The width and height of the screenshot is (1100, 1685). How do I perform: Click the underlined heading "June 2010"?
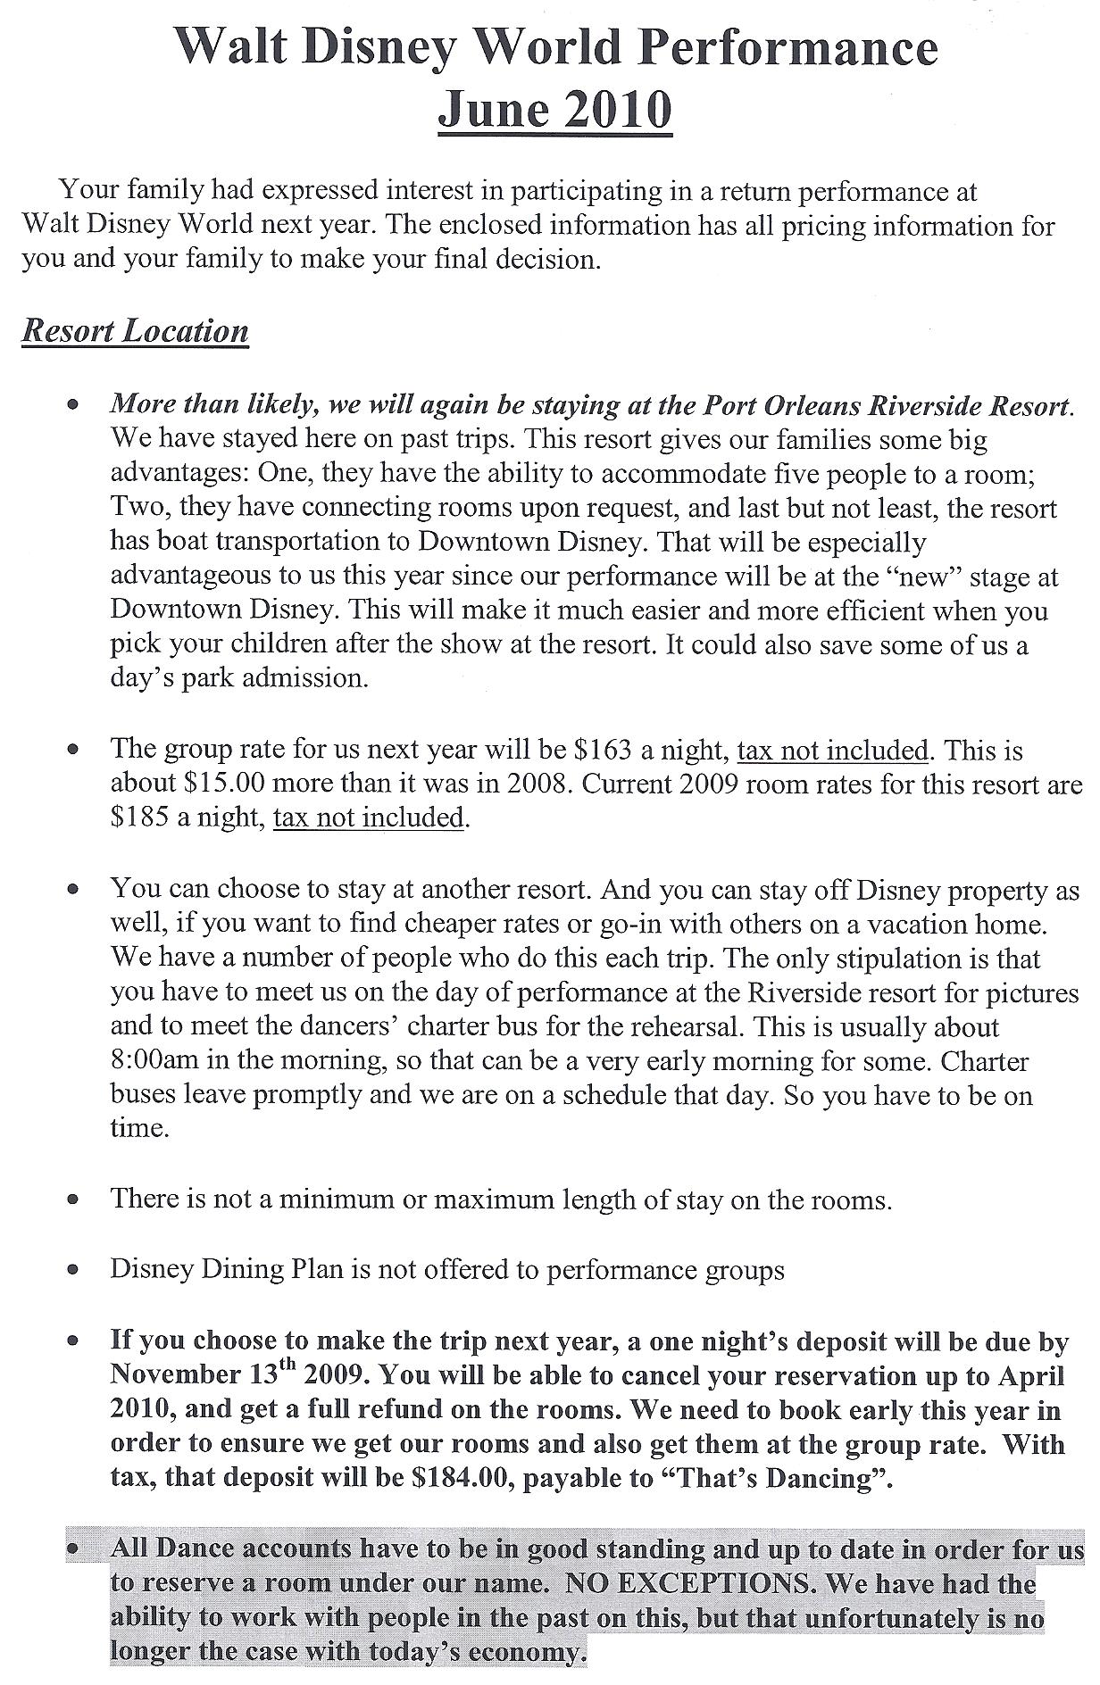point(554,111)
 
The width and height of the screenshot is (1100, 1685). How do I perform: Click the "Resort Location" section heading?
point(135,331)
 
